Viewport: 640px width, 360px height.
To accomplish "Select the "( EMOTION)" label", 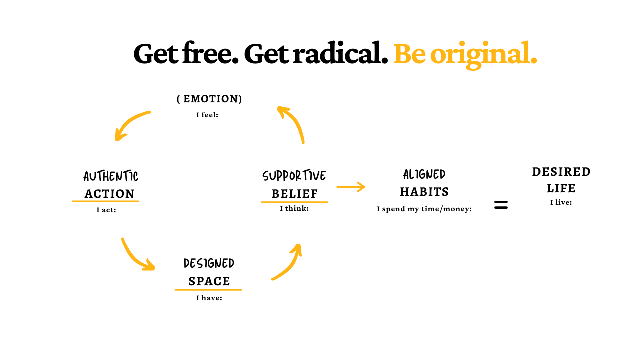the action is click(209, 99).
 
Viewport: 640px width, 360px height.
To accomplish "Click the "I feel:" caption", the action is click(207, 115).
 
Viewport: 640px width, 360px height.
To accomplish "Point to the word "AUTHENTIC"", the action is click(111, 176).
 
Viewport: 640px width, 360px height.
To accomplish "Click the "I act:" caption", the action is click(106, 210).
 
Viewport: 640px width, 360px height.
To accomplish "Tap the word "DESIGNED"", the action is click(209, 263).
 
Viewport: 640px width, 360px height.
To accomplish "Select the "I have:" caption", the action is click(209, 298).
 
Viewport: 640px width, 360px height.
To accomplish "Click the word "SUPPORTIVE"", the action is click(294, 176).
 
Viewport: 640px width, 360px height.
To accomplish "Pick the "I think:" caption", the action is click(294, 209).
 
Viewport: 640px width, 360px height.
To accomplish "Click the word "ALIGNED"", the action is click(424, 174).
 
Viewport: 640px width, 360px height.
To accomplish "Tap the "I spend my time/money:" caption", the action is click(424, 209).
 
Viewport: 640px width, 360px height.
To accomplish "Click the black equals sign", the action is click(501, 205).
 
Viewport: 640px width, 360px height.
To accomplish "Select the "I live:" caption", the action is click(561, 203).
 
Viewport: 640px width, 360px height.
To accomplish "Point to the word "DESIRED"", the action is click(561, 172).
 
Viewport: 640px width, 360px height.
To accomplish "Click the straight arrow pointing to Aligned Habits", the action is click(351, 187).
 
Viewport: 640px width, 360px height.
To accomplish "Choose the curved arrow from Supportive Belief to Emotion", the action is click(294, 123).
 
